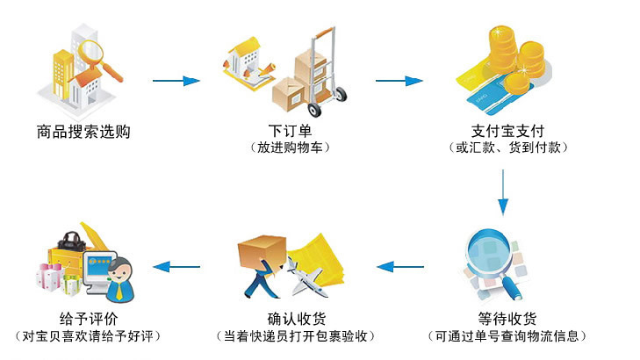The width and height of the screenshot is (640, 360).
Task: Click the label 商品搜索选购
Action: [x=83, y=133]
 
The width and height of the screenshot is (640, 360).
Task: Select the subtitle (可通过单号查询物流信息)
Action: [x=507, y=335]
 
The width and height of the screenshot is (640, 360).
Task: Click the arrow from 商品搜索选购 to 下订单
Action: [x=176, y=82]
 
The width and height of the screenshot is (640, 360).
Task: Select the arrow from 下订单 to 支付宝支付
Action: [x=399, y=82]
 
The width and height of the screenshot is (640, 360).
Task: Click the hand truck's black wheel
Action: [x=336, y=93]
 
